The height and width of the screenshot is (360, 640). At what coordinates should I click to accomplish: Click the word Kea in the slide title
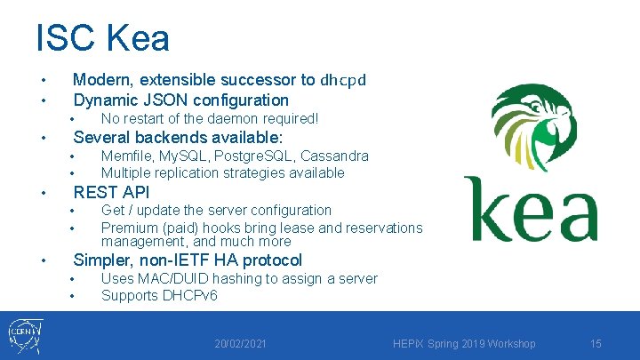[x=137, y=38]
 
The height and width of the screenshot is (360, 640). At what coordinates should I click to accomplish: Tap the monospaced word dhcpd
[x=343, y=79]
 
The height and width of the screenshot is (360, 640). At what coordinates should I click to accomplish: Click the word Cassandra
[x=336, y=156]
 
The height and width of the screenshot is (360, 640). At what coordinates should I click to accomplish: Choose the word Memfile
[x=125, y=156]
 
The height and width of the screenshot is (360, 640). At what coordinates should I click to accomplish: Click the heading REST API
[x=111, y=192]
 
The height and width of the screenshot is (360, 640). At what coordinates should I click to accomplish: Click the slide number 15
[x=596, y=344]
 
